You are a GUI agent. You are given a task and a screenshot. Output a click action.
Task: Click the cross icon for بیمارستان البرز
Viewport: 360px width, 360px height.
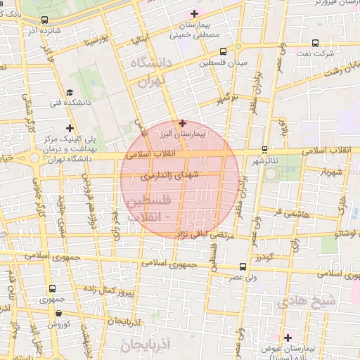[183, 123]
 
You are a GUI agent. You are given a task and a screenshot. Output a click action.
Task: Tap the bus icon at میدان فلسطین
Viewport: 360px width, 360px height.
[224, 51]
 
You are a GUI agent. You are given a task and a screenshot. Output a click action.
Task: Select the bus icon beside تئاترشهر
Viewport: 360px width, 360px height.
[264, 149]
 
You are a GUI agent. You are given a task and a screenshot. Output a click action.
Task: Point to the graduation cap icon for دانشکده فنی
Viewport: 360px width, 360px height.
[69, 93]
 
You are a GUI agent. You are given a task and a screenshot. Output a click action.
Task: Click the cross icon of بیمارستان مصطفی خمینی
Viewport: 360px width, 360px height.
[195, 13]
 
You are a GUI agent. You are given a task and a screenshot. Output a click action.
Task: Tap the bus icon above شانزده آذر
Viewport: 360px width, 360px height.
[45, 20]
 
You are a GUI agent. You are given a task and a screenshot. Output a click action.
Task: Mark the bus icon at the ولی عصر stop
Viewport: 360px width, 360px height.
[243, 266]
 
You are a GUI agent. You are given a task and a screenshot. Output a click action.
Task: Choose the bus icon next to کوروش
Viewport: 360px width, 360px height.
[53, 313]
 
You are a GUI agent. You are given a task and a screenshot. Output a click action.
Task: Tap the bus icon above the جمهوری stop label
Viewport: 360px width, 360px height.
[53, 288]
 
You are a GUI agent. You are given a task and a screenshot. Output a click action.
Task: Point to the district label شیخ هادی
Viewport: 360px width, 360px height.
[307, 302]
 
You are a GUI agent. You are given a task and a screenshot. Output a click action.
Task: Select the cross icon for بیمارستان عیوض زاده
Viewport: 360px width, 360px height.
[288, 337]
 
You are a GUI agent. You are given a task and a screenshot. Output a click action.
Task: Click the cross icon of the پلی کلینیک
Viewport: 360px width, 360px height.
[69, 127]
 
